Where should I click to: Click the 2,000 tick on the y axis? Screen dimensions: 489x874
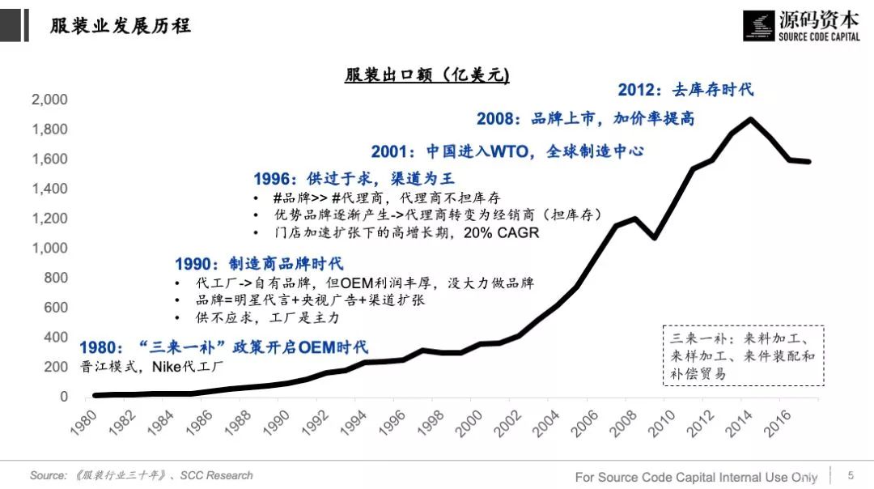pyautogui.click(x=49, y=100)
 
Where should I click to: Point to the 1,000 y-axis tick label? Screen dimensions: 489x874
pyautogui.click(x=49, y=249)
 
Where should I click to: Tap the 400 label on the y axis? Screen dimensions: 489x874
pyautogui.click(x=57, y=338)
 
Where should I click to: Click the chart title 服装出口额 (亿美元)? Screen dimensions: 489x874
pyautogui.click(x=426, y=74)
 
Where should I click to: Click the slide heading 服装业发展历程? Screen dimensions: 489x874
pyautogui.click(x=121, y=25)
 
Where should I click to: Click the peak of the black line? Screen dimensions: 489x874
pyautogui.click(x=752, y=119)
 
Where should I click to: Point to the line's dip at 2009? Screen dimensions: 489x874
pyautogui.click(x=655, y=238)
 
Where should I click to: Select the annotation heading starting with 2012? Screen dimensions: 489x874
pyautogui.click(x=685, y=89)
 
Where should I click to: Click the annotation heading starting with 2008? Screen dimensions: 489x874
pyautogui.click(x=585, y=118)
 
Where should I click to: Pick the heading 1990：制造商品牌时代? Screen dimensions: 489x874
pyautogui.click(x=259, y=264)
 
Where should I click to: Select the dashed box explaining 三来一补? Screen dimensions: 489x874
pyautogui.click(x=742, y=355)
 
